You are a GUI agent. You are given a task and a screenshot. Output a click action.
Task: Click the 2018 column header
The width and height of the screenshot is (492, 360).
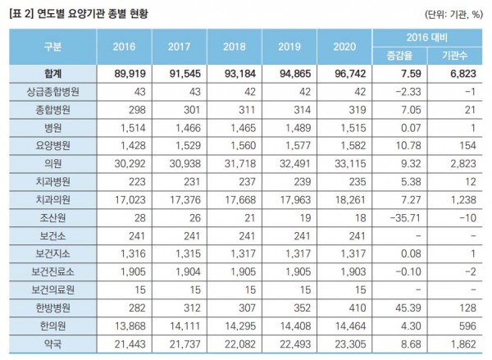[x=234, y=47]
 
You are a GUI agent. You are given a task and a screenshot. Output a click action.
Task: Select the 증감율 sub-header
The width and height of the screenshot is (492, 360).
[x=399, y=55]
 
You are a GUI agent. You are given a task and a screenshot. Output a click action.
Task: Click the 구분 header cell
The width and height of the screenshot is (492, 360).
[x=51, y=47]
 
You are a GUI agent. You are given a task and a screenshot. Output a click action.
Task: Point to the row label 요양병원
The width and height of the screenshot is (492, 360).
[x=51, y=144]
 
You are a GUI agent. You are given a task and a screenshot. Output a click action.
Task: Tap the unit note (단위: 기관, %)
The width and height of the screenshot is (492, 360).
[x=453, y=13]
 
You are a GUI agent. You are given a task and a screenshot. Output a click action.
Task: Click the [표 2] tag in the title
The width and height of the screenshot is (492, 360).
[x=20, y=13]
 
